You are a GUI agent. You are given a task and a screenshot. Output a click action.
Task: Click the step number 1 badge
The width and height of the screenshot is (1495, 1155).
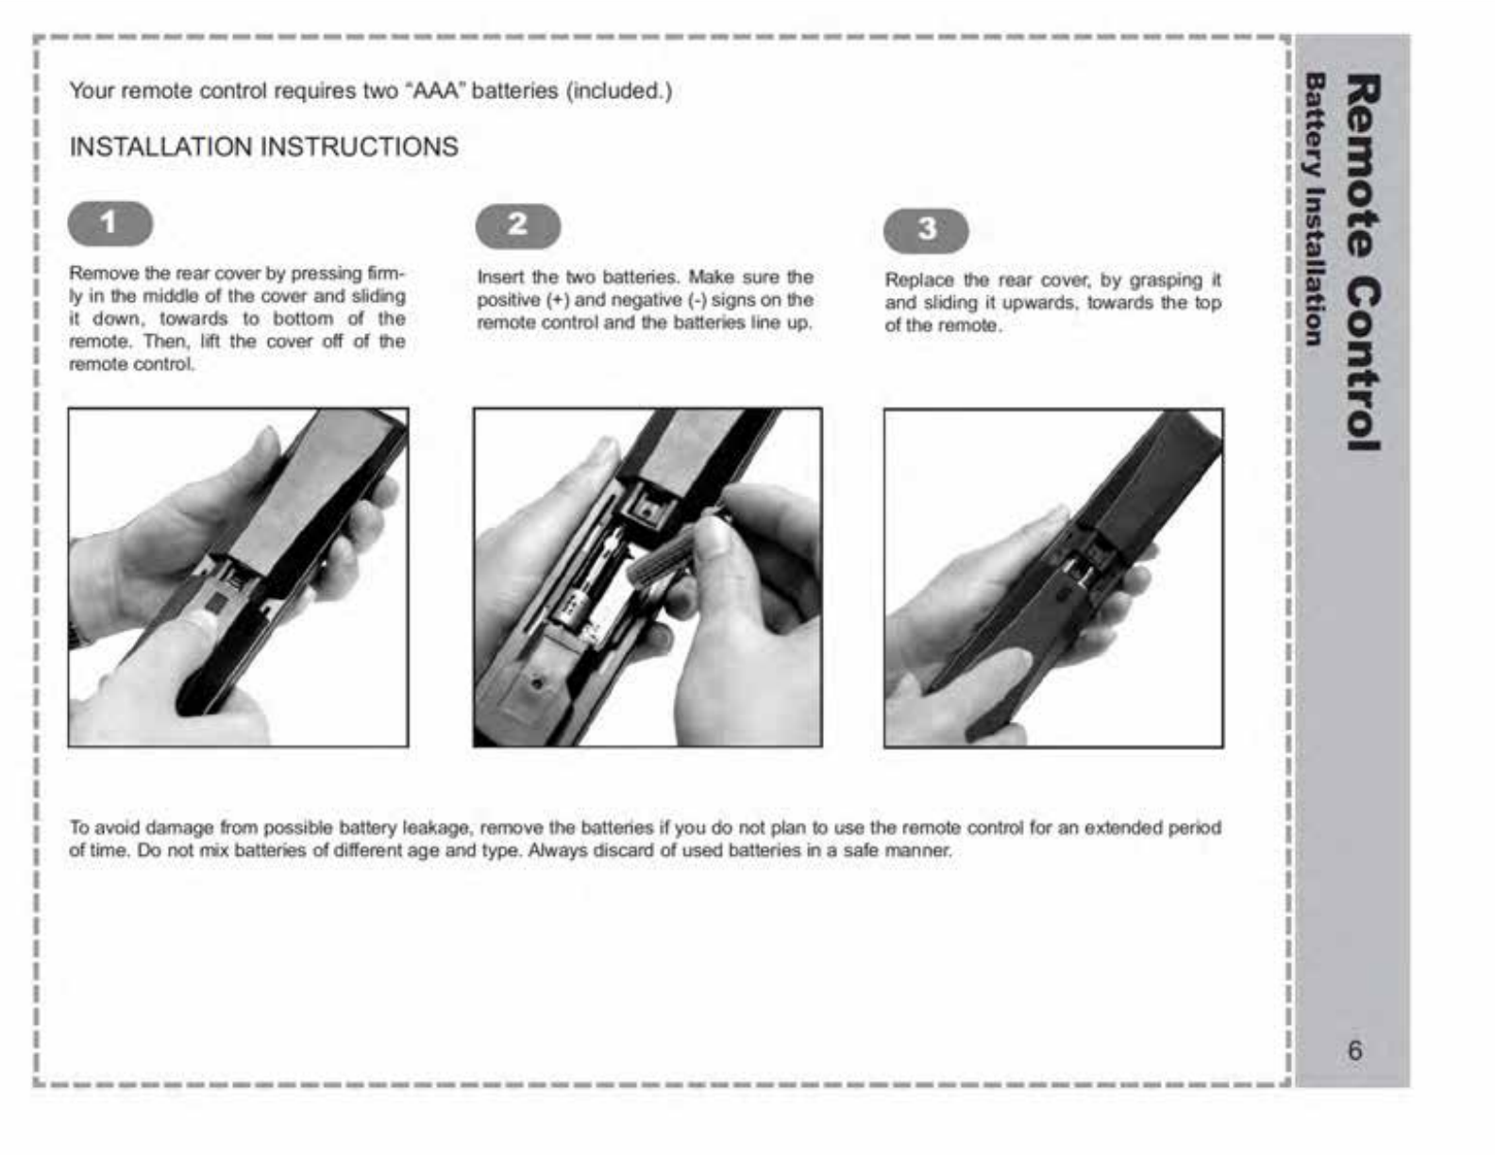pyautogui.click(x=110, y=224)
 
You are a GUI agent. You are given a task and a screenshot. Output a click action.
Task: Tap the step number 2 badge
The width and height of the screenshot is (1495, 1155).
pyautogui.click(x=518, y=226)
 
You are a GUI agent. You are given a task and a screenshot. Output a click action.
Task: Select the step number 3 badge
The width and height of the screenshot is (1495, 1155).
pyautogui.click(x=926, y=229)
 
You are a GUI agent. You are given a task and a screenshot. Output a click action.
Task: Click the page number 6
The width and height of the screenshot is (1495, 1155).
pyautogui.click(x=1354, y=1050)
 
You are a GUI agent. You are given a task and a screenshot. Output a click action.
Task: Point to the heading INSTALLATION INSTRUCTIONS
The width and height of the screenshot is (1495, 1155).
pyautogui.click(x=263, y=147)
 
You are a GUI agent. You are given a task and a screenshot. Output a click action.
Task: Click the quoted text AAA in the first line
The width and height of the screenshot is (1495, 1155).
pyautogui.click(x=436, y=91)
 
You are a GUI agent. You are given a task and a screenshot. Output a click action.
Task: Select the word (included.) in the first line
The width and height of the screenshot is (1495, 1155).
pyautogui.click(x=619, y=91)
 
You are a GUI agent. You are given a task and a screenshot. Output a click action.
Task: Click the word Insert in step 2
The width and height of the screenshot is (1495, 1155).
pyautogui.click(x=500, y=277)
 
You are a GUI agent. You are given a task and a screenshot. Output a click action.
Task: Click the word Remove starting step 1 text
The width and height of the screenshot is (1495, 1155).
pyautogui.click(x=104, y=274)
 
